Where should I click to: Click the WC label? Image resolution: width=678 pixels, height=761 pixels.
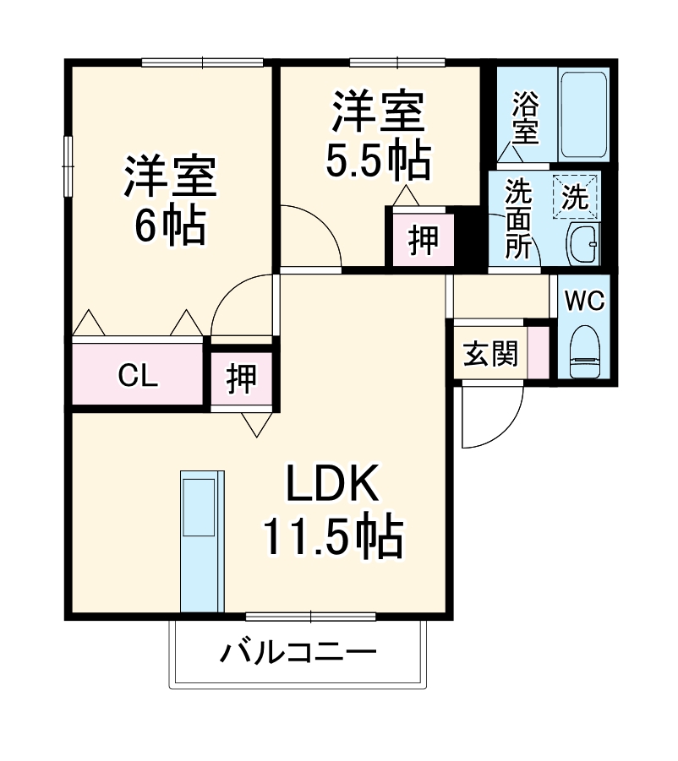click(584, 301)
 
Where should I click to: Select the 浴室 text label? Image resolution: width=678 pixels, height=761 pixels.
click(526, 118)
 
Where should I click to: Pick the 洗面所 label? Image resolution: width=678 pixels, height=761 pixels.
click(518, 219)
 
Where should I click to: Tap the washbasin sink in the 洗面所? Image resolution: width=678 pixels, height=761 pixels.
click(582, 246)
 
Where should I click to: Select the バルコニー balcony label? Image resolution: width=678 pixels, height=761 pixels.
click(298, 654)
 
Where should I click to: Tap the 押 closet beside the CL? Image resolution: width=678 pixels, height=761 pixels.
click(243, 378)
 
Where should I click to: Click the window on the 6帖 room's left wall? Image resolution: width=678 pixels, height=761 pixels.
click(68, 166)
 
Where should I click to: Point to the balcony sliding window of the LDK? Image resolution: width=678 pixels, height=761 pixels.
click(309, 617)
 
